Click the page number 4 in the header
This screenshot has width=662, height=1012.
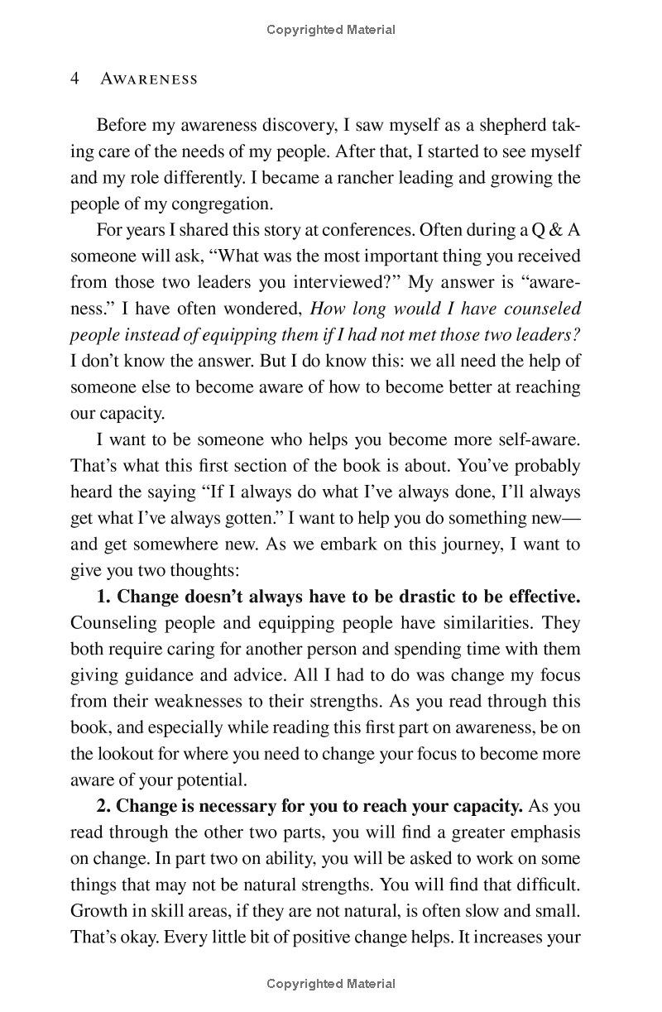click(74, 79)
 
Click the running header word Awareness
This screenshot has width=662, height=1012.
click(149, 79)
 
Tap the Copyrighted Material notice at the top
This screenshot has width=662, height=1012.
click(331, 30)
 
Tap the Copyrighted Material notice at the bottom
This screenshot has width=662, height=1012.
click(331, 984)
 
